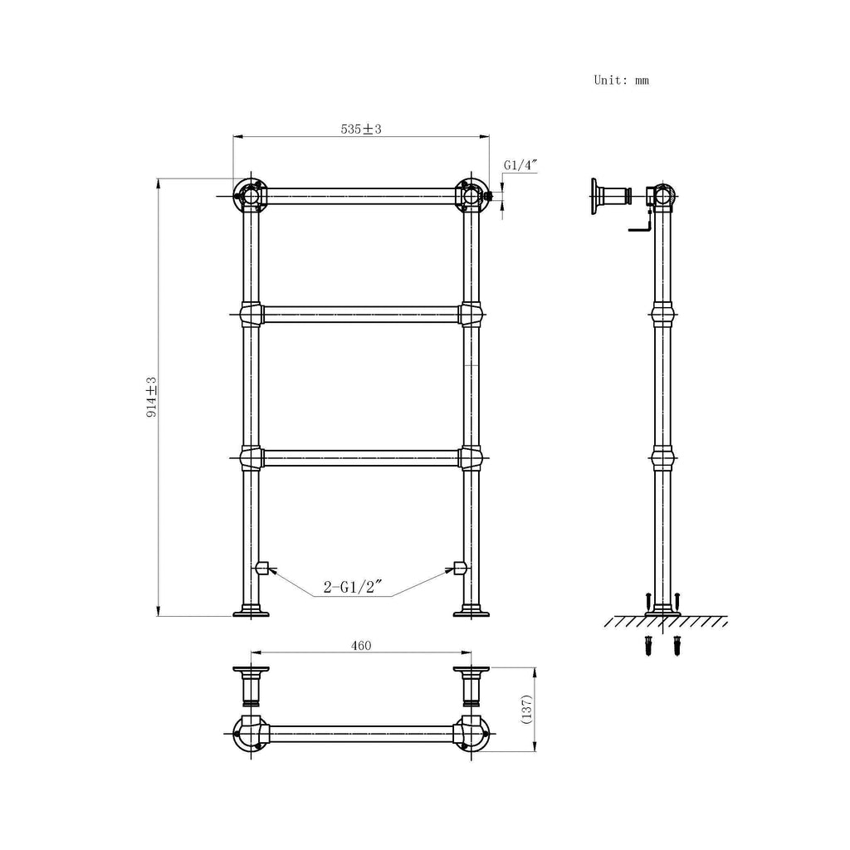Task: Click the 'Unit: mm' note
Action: pyautogui.click(x=621, y=81)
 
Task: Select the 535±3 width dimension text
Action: pyautogui.click(x=360, y=129)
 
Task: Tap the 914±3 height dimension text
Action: pyautogui.click(x=152, y=396)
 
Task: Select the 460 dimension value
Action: pyautogui.click(x=360, y=645)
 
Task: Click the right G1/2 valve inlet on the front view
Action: pyautogui.click(x=459, y=568)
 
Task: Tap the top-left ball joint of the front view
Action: pyautogui.click(x=249, y=195)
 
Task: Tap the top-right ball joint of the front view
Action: pyautogui.click(x=471, y=195)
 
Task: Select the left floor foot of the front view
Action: pyautogui.click(x=251, y=612)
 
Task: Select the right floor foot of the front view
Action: pyautogui.click(x=471, y=612)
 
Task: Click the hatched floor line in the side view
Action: pyautogui.click(x=665, y=622)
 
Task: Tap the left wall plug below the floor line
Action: pyautogui.click(x=647, y=645)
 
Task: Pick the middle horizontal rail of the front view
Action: pyautogui.click(x=360, y=313)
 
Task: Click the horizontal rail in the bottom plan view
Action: pyautogui.click(x=360, y=732)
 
